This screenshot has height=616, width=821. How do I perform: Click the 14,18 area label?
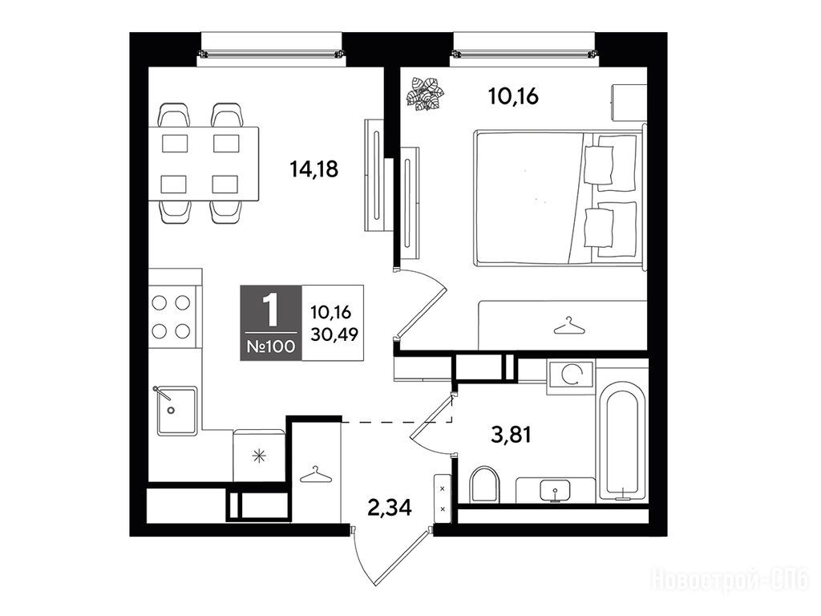[x=314, y=169]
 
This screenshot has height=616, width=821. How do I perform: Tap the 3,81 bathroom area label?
[x=511, y=434]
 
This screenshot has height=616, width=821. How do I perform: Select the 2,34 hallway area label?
[x=389, y=507]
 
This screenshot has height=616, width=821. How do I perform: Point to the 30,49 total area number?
[x=334, y=334]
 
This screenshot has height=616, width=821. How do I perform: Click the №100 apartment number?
[x=271, y=346]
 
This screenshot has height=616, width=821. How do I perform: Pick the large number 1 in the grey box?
[x=270, y=310]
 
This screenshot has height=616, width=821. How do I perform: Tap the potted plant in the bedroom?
[x=425, y=94]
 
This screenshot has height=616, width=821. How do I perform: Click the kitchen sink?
[x=177, y=411]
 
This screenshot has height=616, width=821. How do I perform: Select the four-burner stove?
[x=171, y=317]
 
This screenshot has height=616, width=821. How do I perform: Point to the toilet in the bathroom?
[x=484, y=484]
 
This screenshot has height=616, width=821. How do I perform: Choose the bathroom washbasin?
[x=555, y=490]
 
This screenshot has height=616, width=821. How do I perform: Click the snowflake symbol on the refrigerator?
[x=259, y=456]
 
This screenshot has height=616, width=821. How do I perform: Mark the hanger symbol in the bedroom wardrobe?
[x=568, y=326]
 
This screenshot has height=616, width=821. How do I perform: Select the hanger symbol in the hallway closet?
[x=316, y=474]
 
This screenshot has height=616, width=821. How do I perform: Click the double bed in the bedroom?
[x=559, y=197]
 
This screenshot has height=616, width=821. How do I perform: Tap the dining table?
[x=204, y=164]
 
